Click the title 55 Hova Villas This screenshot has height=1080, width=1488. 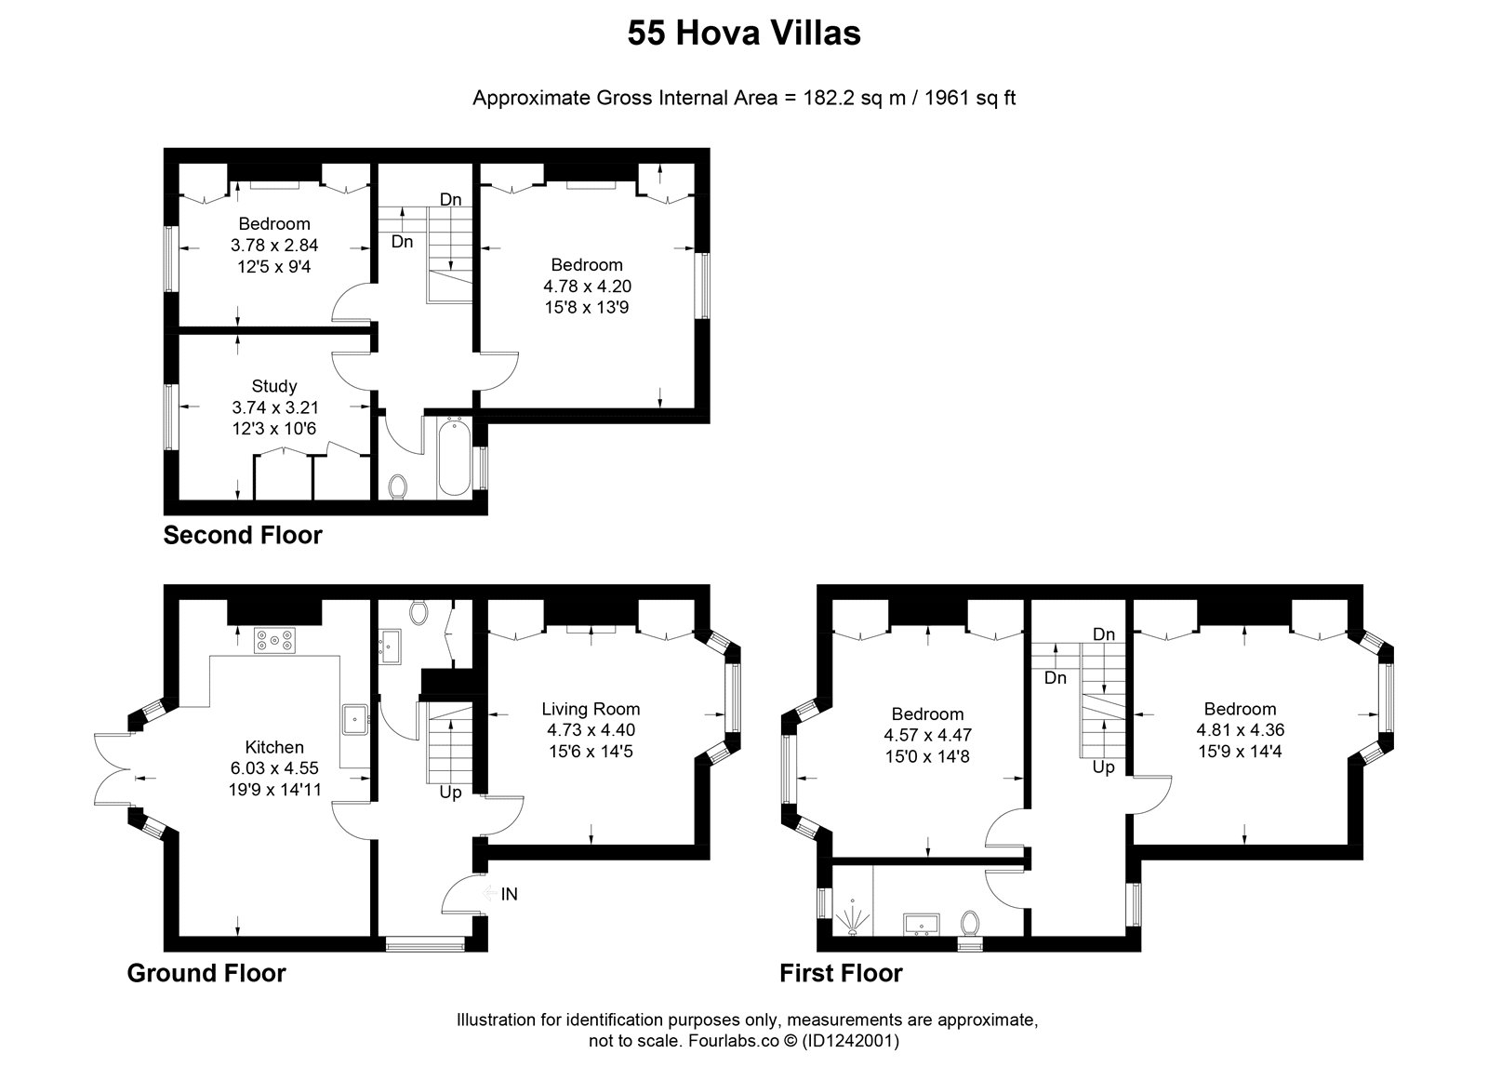(x=744, y=33)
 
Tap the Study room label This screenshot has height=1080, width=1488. (x=273, y=386)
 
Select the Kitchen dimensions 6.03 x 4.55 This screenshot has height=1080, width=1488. (x=274, y=767)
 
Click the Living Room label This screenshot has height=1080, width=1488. (x=591, y=709)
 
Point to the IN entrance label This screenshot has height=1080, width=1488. (x=509, y=894)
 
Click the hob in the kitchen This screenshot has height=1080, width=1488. (x=274, y=640)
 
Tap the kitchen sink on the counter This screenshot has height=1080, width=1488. (x=355, y=719)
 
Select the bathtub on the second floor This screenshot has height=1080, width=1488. (x=455, y=458)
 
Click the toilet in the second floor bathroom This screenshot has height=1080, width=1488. (x=398, y=487)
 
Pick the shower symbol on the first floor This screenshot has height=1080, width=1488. (x=852, y=917)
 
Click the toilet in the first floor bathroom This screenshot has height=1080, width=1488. (x=970, y=923)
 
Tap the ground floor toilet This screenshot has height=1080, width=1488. (x=418, y=612)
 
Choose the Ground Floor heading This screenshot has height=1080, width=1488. (x=206, y=973)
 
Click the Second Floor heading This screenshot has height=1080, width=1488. (x=243, y=535)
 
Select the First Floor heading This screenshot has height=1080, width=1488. (x=841, y=973)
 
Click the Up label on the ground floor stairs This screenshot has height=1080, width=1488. (x=450, y=793)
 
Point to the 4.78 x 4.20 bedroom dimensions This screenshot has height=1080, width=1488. (x=587, y=286)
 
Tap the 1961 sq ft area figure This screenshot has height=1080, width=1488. (x=970, y=98)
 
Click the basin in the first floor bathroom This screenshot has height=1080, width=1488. (x=922, y=924)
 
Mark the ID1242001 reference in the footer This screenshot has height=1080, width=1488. (x=850, y=1040)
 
